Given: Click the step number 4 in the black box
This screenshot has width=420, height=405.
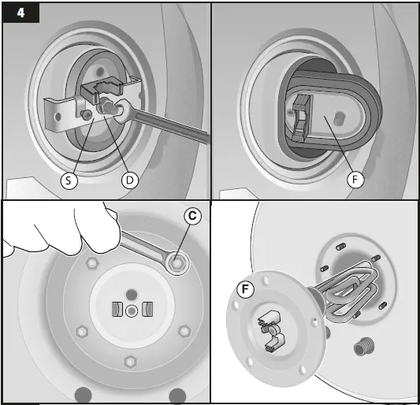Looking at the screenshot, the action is [x=21, y=13].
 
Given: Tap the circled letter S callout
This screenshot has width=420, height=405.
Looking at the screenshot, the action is [x=69, y=180].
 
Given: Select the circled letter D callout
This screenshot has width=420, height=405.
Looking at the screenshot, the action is [x=130, y=180].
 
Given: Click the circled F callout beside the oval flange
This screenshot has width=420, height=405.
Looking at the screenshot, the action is [x=355, y=180].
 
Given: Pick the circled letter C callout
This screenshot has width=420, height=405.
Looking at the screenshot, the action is [x=192, y=216].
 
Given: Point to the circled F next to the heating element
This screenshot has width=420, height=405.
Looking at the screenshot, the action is [x=245, y=289].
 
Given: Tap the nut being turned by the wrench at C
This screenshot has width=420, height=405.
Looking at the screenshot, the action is [x=177, y=263].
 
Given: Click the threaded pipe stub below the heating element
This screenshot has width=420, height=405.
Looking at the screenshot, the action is [x=364, y=347].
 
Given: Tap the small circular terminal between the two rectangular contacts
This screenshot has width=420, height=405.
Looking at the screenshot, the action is [x=132, y=311].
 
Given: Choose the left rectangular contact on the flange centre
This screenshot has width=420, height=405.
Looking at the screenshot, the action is [x=117, y=309].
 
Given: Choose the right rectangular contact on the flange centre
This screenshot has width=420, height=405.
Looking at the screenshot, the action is [x=147, y=309].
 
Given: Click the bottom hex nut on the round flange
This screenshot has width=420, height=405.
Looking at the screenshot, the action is [x=130, y=362].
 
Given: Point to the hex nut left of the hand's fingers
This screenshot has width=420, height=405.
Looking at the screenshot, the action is [x=92, y=264].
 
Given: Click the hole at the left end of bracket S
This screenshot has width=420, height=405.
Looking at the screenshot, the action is [x=58, y=117].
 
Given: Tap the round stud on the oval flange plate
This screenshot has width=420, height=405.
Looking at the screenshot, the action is [x=340, y=119].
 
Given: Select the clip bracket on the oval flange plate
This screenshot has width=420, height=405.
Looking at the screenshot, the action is [x=301, y=118].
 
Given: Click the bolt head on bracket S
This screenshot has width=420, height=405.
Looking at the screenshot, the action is [x=87, y=115].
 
